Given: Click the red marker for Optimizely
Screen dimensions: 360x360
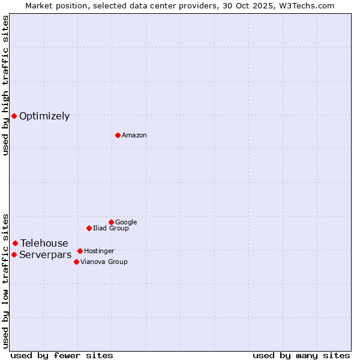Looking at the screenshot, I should pos(14,116).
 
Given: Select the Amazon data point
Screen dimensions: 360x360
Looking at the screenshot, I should pos(118,135).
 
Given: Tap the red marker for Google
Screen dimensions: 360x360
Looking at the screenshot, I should pos(111,222).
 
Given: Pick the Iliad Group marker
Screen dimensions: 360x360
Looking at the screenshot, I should pos(89,228).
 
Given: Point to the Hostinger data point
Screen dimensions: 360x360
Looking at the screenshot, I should pos(80,251).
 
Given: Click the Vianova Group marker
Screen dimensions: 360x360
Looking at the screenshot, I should pos(76,262).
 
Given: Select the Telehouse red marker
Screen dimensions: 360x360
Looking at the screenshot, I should pos(15,243).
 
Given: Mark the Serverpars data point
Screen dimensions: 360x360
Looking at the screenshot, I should pos(14,254).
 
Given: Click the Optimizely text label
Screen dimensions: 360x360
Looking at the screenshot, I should pos(44,116).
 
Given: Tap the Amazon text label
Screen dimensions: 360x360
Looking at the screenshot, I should pos(134,136).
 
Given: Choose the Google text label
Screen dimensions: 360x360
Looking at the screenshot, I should pos(126,223).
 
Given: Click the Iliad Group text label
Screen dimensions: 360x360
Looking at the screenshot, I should pos(110,229).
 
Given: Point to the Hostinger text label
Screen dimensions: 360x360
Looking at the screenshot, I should pos(99,251).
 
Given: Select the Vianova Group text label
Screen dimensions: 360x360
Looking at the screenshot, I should pos(104,262).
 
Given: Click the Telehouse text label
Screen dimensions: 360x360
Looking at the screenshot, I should pos(44,244).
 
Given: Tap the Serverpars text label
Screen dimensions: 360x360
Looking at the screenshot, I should pos(45,255).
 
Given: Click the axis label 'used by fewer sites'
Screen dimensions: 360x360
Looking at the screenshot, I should pos(62,355).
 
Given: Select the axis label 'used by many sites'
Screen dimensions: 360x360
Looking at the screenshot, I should pos(301,355).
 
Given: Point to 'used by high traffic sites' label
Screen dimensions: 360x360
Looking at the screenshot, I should pos(6,85).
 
